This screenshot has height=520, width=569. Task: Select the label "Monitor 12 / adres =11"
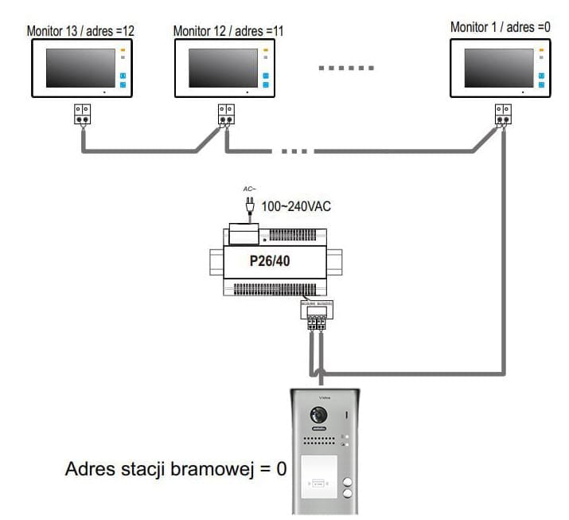click(228, 31)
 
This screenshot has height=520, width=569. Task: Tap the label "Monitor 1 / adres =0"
click(500, 27)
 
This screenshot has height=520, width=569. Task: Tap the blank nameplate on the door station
click(316, 481)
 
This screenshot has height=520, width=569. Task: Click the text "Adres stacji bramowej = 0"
click(175, 469)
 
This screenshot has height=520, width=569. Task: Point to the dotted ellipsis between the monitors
click(346, 68)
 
